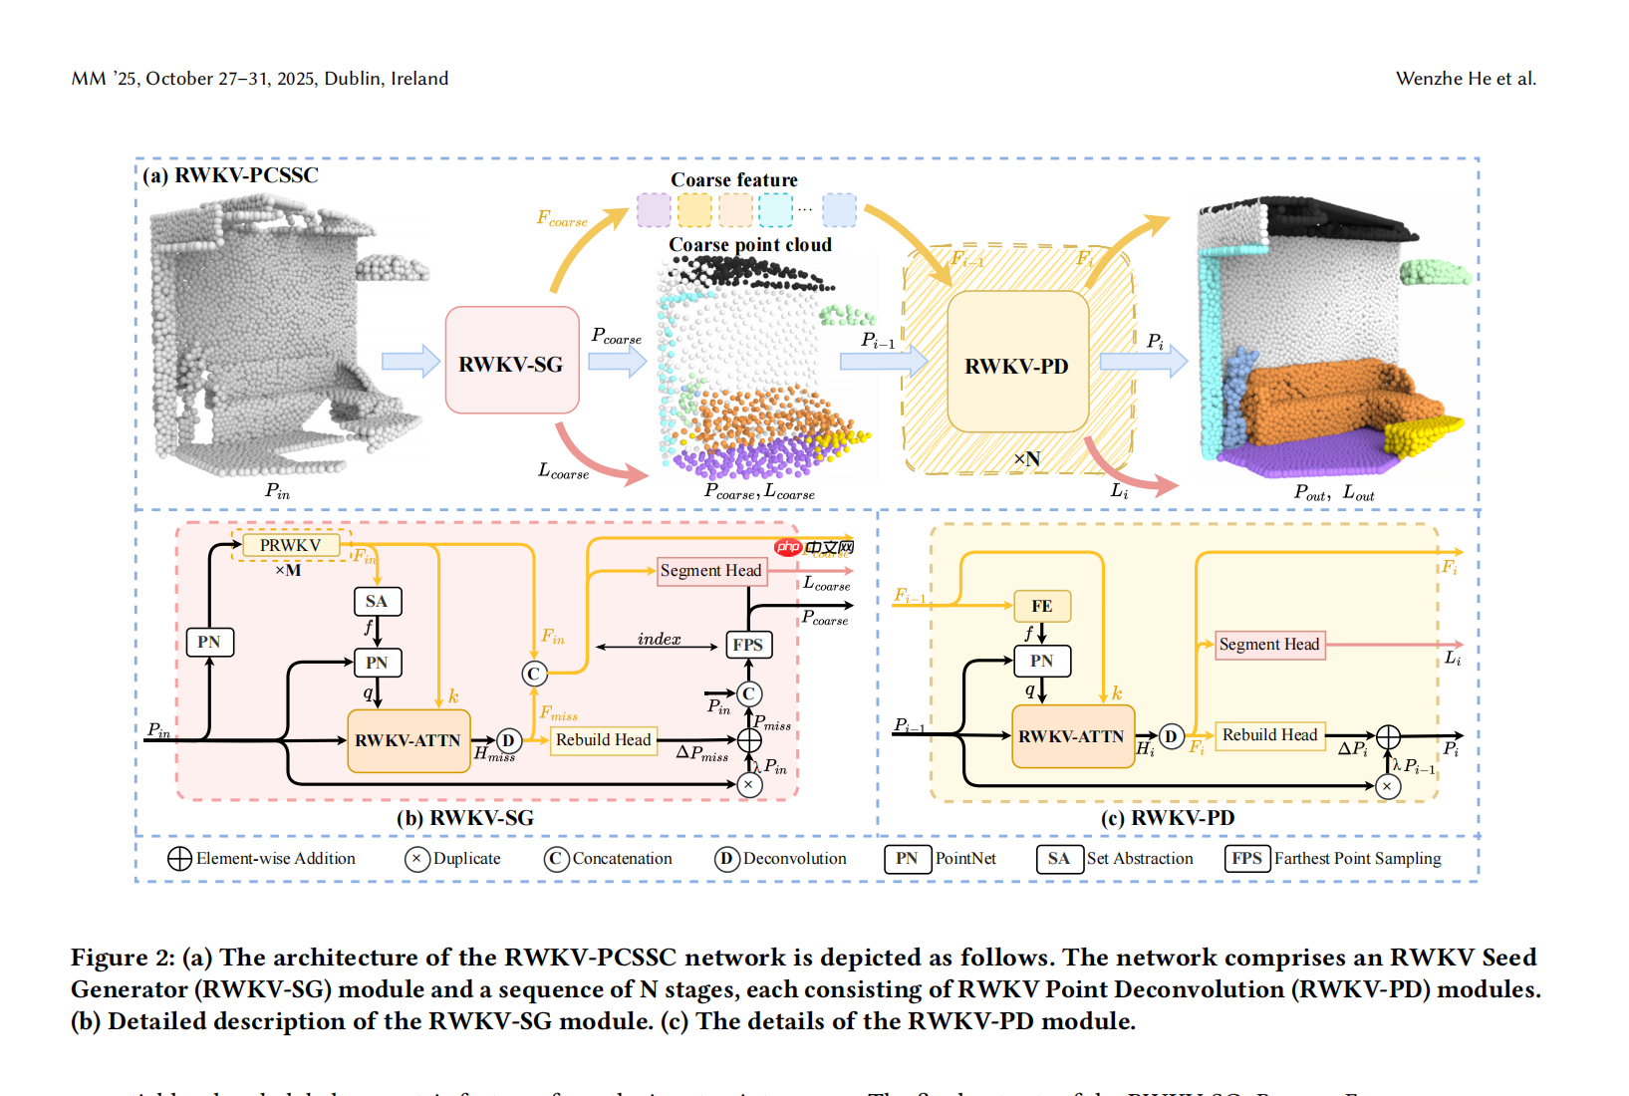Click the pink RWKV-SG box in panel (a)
(x=511, y=361)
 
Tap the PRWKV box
(x=290, y=545)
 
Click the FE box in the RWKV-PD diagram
(x=1041, y=606)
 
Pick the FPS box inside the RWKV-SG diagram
(x=747, y=645)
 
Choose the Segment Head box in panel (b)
(x=710, y=571)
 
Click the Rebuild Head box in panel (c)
(x=1269, y=735)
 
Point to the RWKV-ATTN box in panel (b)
(x=408, y=740)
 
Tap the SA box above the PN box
(x=377, y=601)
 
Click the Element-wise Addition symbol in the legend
(x=179, y=859)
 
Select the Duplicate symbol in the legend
(x=417, y=859)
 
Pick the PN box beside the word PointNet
(x=907, y=859)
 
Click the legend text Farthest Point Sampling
(x=1357, y=859)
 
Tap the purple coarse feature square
(x=654, y=210)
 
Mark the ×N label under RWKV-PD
(x=1026, y=459)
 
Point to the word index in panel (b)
(x=659, y=639)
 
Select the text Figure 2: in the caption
(x=123, y=958)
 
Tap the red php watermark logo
(x=788, y=547)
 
